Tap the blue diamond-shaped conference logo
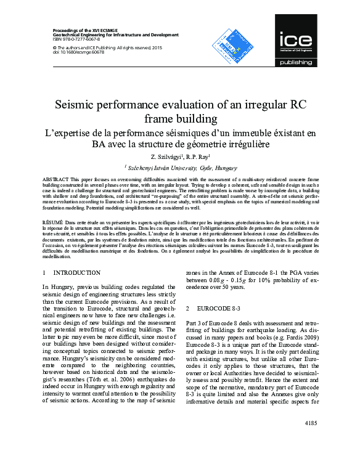click(x=230, y=47)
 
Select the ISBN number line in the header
click(x=73, y=39)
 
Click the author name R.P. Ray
click(x=197, y=158)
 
